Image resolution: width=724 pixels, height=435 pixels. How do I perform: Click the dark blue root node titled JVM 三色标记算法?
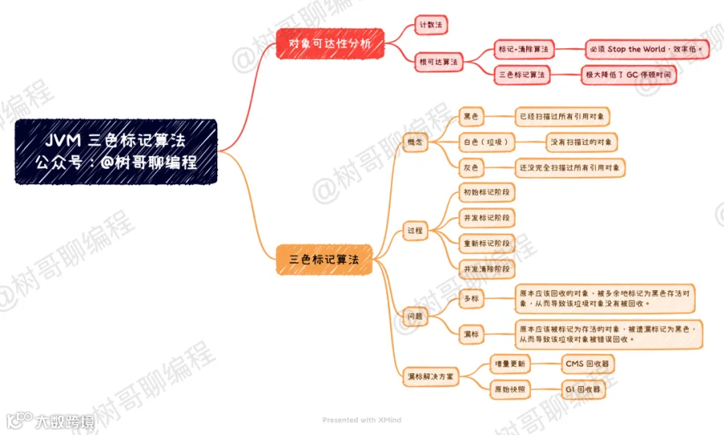coord(116,152)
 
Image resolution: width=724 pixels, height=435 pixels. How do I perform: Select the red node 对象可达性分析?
coord(330,44)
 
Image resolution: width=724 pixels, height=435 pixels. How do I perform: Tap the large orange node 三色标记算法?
coord(324,260)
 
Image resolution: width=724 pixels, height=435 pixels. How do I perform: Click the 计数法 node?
coord(431,25)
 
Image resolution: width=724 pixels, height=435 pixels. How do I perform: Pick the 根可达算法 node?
coord(438,62)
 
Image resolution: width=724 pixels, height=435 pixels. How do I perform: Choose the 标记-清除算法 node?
coord(524,49)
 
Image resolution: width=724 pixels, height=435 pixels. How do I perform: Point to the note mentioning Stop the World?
coord(647,49)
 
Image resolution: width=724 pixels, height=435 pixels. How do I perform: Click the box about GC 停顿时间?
coord(628,75)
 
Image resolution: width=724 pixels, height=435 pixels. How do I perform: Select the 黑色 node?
coord(471,117)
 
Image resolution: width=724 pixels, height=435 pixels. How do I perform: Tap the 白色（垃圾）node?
coord(486,142)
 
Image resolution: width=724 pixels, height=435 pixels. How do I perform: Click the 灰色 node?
coord(471,168)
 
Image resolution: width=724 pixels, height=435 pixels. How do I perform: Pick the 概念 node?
coord(415,142)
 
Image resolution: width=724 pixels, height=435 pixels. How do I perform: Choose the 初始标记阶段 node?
coord(487,192)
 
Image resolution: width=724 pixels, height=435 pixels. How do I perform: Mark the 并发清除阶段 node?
coord(487,269)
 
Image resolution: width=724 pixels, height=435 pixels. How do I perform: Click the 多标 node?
coord(471,298)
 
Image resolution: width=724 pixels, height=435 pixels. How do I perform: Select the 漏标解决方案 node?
coord(430,377)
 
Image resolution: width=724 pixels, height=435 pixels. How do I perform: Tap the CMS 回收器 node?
coord(587,364)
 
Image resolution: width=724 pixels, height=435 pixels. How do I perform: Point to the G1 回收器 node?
coord(583,390)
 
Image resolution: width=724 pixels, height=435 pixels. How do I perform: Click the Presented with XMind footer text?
coord(361,420)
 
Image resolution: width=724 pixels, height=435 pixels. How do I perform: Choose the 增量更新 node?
coord(510,364)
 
